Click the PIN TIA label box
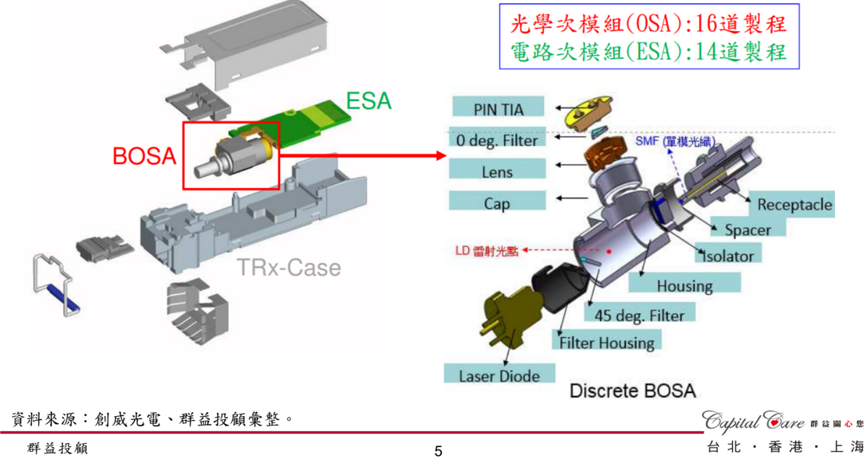498,107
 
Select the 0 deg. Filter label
497,138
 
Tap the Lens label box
497,169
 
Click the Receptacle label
792,204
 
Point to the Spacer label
747,228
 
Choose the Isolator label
727,254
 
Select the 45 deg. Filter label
639,313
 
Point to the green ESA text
368,101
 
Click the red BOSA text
144,156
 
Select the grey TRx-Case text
289,268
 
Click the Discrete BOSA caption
633,391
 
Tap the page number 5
439,451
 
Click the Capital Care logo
753,421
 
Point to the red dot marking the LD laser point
609,251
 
